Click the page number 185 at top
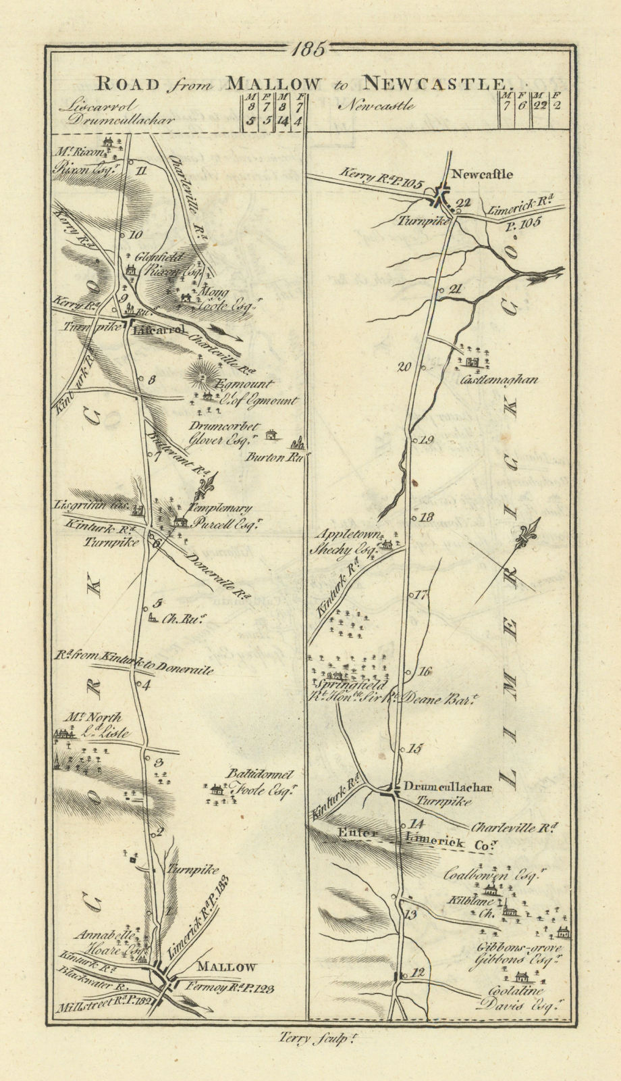pyautogui.click(x=310, y=48)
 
